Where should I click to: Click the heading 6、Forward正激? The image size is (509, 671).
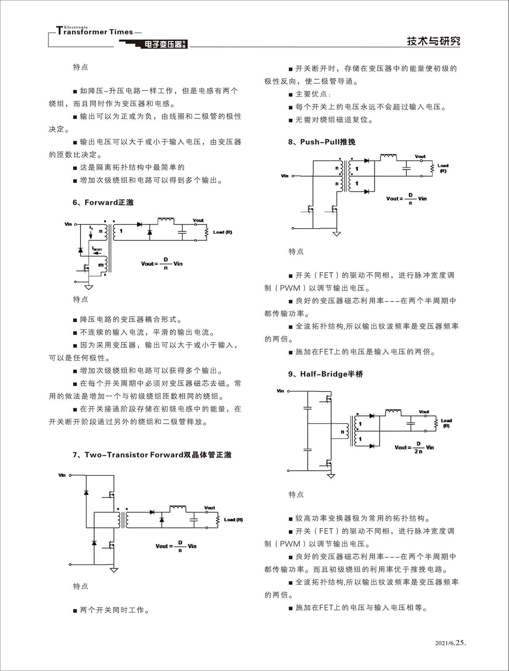pyautogui.click(x=103, y=202)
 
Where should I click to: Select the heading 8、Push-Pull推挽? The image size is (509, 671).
pyautogui.click(x=322, y=142)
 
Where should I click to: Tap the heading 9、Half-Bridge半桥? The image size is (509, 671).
pyautogui.click(x=326, y=374)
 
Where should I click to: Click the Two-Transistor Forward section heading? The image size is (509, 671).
pyautogui.click(x=152, y=455)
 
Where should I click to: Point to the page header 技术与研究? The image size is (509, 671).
pyautogui.click(x=433, y=41)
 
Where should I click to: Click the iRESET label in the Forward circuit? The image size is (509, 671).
pyautogui.click(x=97, y=249)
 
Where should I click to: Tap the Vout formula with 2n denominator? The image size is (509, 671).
pyautogui.click(x=414, y=447)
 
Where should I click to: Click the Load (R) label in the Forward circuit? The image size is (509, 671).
pyautogui.click(x=222, y=232)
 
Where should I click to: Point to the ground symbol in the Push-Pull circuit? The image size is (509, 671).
pyautogui.click(x=336, y=234)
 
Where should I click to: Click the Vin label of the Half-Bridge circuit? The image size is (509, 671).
pyautogui.click(x=280, y=391)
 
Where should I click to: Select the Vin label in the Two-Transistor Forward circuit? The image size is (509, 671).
pyautogui.click(x=62, y=475)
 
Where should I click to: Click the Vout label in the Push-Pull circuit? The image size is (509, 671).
pyautogui.click(x=420, y=156)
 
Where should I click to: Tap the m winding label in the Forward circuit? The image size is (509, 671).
pyautogui.click(x=100, y=265)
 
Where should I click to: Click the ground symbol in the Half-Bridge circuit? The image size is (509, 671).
pyautogui.click(x=331, y=476)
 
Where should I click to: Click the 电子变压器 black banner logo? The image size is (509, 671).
pyautogui.click(x=163, y=44)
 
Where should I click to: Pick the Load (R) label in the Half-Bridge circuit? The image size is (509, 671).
pyautogui.click(x=446, y=423)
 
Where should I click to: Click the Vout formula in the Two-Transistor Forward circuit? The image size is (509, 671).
pyautogui.click(x=176, y=546)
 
